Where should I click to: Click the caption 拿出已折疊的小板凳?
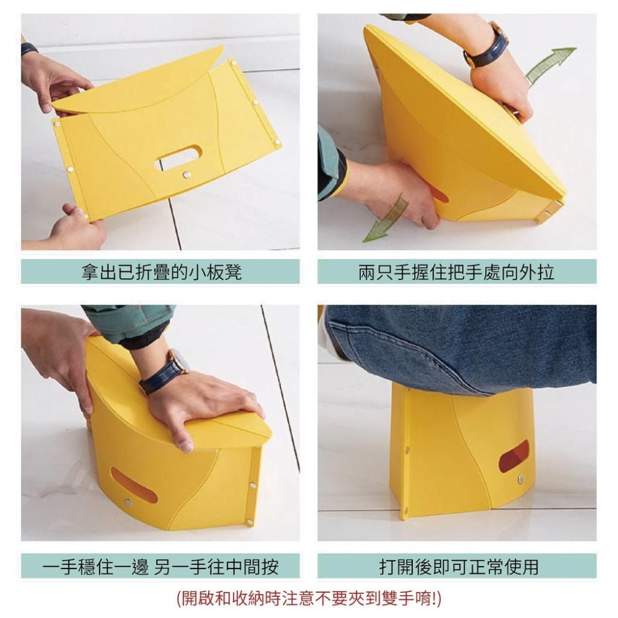click(x=161, y=272)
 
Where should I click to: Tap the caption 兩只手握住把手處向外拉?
click(x=457, y=272)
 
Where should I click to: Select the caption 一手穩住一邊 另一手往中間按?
click(x=160, y=567)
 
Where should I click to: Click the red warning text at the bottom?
click(x=309, y=598)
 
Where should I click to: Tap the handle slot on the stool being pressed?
click(x=133, y=485)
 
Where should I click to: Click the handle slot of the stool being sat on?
click(x=514, y=457)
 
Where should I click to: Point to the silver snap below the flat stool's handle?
click(x=187, y=174)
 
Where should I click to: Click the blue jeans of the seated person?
click(x=461, y=347)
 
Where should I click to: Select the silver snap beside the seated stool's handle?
click(x=520, y=480)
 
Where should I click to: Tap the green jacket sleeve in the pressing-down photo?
click(x=130, y=323)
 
